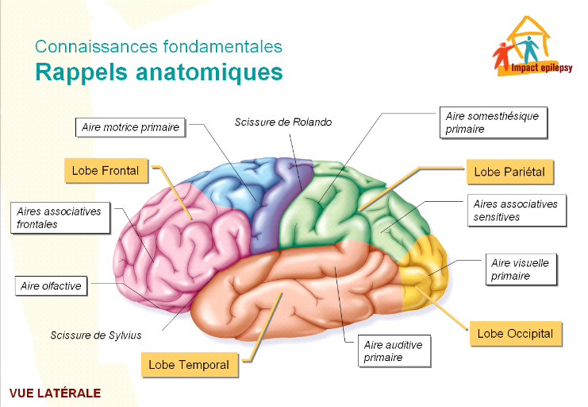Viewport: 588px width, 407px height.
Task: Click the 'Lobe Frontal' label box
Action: pyautogui.click(x=106, y=170)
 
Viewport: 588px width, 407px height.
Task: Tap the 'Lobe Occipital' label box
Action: pyautogui.click(x=515, y=334)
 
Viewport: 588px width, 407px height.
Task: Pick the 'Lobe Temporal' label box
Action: pyautogui.click(x=189, y=365)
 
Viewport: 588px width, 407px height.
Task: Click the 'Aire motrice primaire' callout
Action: pyautogui.click(x=131, y=126)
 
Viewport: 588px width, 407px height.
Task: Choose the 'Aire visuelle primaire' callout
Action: pyautogui.click(x=520, y=269)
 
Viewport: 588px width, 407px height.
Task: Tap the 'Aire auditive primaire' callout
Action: pyautogui.click(x=394, y=351)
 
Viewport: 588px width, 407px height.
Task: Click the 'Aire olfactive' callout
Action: pyautogui.click(x=52, y=285)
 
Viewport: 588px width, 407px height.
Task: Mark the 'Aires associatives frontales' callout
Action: pyautogui.click(x=60, y=218)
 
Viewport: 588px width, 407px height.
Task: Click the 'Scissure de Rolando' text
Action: pyautogui.click(x=282, y=122)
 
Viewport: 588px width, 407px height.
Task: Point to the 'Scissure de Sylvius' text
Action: pyautogui.click(x=96, y=335)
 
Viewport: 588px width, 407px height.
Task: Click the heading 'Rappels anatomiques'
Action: pyautogui.click(x=159, y=72)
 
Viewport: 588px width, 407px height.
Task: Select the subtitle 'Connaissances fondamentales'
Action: pyautogui.click(x=158, y=47)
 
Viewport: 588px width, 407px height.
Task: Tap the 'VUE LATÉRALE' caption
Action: pyautogui.click(x=56, y=393)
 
